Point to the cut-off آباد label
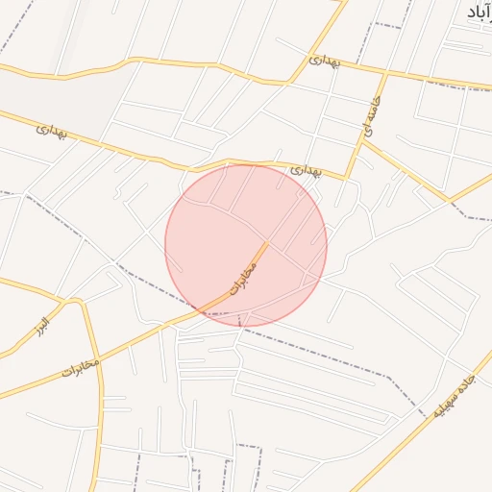(x=478, y=12)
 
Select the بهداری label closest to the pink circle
(x=307, y=172)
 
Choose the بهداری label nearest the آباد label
(x=324, y=61)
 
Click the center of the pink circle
(x=246, y=246)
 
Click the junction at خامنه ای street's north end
(x=385, y=72)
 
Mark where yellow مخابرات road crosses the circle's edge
(x=204, y=311)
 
